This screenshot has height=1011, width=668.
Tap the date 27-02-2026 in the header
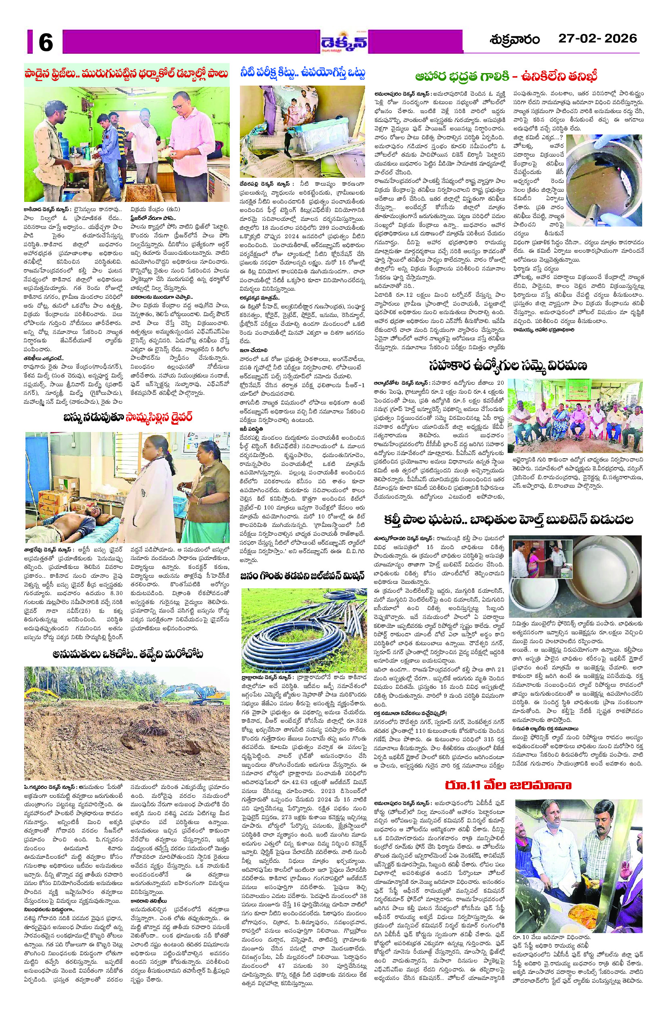[597, 39]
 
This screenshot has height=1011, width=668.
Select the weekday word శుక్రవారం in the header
[515, 40]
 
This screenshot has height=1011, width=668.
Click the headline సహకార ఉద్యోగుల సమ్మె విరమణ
[508, 365]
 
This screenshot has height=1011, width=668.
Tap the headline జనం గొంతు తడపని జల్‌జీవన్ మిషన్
[302, 576]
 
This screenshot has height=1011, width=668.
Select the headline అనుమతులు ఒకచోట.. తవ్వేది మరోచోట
[127, 654]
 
